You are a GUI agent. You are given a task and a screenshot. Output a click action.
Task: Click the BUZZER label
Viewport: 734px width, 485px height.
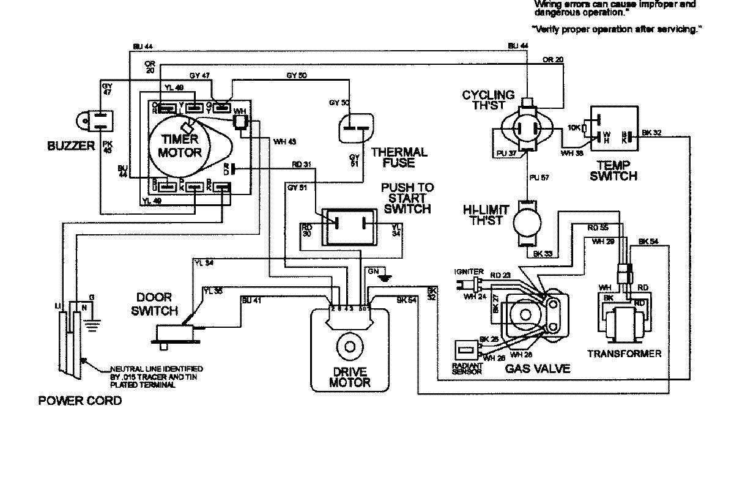[70, 146]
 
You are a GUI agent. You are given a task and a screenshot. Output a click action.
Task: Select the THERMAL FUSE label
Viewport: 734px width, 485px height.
[399, 157]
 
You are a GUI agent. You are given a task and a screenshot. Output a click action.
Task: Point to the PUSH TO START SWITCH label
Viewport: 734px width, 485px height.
[406, 199]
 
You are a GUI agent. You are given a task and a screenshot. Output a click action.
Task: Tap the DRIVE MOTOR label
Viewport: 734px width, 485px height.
[350, 378]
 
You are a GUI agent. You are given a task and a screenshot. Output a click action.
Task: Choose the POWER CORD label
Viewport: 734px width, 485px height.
[80, 401]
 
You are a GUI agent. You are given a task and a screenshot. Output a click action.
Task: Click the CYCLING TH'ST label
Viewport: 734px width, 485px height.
[487, 100]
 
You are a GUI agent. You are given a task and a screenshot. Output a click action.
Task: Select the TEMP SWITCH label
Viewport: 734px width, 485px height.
[616, 171]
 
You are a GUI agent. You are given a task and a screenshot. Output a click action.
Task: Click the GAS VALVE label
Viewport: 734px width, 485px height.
[538, 368]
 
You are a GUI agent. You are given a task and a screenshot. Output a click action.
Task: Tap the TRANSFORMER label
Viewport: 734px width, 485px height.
[624, 354]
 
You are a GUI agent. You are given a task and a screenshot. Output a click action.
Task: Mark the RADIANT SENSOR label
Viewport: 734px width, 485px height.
[468, 369]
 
